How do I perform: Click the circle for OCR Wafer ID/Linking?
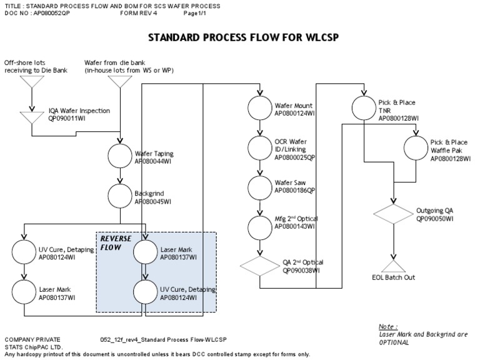(x=259, y=148)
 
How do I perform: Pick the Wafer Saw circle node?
(x=259, y=187)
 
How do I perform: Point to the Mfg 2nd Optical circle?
(x=259, y=226)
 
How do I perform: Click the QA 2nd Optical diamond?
(x=259, y=266)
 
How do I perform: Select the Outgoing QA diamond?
(x=392, y=214)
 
